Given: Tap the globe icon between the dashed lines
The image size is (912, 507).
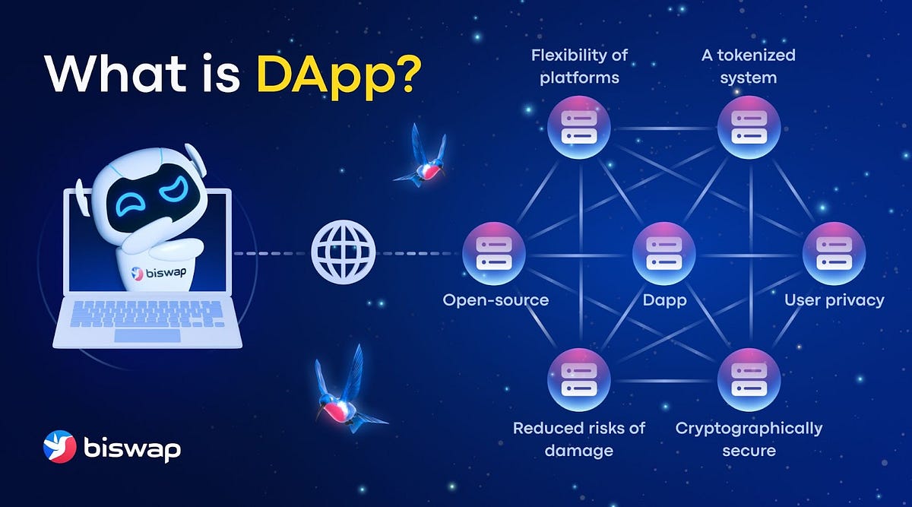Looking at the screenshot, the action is coord(344,252).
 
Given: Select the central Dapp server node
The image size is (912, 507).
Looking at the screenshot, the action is coord(664,254).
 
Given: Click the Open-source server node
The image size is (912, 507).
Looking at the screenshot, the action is coord(494,254).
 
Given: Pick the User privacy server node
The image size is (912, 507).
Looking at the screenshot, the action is coord(834,254).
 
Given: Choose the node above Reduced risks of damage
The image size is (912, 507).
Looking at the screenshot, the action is coord(578,380).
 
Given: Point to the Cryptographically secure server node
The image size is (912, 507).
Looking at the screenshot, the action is coord(749,380).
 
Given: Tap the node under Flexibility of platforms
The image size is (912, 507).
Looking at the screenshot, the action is coord(578,128).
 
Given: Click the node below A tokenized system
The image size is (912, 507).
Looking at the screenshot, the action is coord(749,128).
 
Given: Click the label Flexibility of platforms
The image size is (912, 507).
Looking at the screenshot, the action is coord(579,66).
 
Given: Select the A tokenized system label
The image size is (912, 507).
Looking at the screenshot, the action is coord(749,66).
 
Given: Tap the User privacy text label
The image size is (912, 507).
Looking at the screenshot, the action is coord(834,301).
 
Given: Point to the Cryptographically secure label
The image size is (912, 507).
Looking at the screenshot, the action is coord(749,439).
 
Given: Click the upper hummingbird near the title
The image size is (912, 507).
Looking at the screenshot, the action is coord(421,157).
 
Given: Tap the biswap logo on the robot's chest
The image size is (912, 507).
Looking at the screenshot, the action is coord(159,273).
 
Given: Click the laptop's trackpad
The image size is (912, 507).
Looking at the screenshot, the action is coord(147,336).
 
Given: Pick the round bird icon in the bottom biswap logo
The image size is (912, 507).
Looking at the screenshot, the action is coord(59,447).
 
